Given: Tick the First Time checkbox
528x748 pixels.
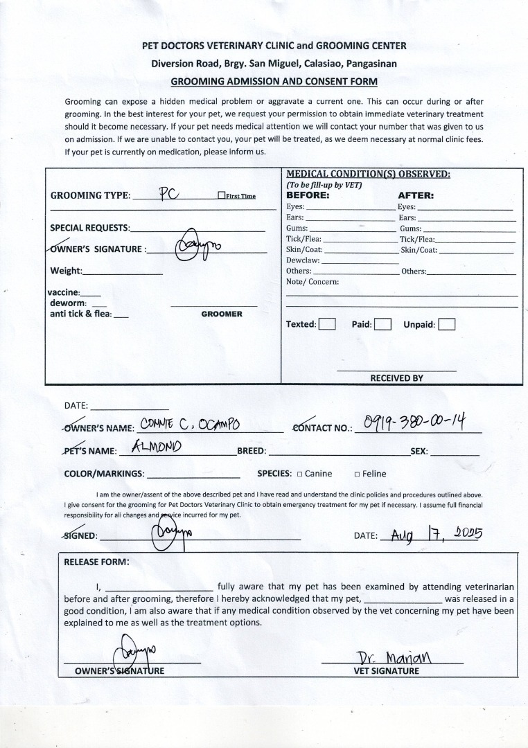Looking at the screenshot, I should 221,196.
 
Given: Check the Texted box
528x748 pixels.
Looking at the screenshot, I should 327,324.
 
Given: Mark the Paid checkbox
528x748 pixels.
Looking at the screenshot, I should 382,324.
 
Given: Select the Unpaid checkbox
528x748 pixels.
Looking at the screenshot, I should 447,324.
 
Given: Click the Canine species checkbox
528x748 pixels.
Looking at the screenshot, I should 299,474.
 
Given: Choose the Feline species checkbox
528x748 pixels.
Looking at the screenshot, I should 357,474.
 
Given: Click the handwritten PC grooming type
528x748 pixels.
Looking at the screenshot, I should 170,193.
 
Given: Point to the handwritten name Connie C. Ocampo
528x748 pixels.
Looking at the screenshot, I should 191,424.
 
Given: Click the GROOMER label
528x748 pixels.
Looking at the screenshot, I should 222,314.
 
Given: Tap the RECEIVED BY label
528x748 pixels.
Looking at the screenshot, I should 396,378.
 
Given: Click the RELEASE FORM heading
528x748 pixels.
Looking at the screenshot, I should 96,562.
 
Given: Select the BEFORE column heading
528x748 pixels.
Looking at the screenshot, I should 308,195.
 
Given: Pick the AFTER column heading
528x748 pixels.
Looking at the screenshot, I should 416,195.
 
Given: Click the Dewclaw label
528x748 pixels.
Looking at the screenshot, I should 303,260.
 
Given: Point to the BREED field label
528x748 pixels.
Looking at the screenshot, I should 252,451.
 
